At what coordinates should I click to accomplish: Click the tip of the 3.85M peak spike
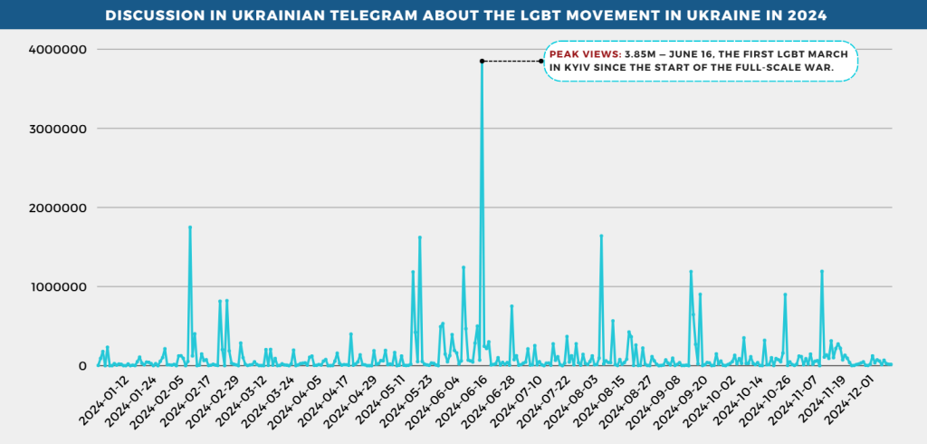tap(482, 62)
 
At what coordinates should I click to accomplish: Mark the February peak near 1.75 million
tap(189, 227)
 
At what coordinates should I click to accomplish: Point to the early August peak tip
tap(601, 236)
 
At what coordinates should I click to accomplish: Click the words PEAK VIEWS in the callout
tap(585, 55)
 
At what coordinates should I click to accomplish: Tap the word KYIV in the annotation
tap(569, 68)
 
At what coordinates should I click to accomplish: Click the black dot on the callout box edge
tap(541, 61)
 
